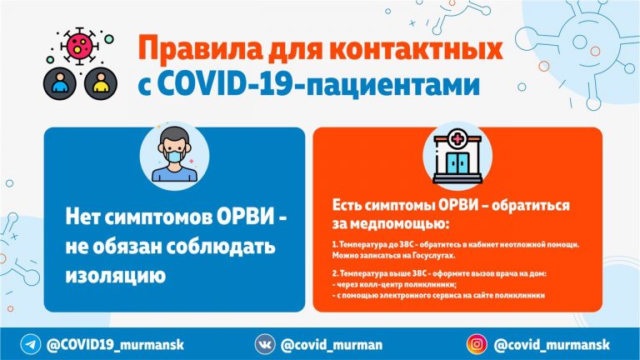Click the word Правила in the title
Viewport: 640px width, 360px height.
coord(200,48)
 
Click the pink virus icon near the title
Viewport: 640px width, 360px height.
coord(80,46)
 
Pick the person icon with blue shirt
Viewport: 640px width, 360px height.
coord(60,83)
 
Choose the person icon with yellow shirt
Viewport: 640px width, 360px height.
coord(101,83)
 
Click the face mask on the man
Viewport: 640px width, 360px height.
coord(174,157)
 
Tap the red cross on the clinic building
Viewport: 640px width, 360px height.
coord(457,140)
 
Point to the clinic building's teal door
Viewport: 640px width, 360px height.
coord(457,162)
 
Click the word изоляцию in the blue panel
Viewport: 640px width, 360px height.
coord(116,276)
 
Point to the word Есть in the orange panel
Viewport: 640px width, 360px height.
coord(347,205)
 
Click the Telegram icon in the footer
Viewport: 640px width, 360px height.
coord(31,344)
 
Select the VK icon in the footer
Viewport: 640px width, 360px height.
coord(265,344)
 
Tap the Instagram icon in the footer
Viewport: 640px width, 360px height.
coord(477,344)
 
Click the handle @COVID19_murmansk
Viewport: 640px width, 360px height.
coord(115,345)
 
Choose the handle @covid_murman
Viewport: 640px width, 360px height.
coord(332,345)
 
